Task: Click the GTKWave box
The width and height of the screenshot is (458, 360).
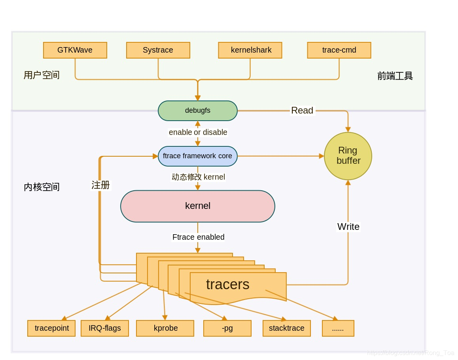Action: pos(75,50)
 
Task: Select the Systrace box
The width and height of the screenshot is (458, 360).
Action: pos(158,50)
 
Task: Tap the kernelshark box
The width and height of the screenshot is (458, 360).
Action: pos(250,50)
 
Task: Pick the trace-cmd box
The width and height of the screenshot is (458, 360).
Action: pos(339,50)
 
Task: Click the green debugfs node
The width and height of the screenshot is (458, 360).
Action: pos(197,111)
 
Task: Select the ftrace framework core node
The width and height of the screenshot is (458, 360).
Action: pos(197,156)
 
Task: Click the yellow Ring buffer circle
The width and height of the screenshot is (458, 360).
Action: pos(348,156)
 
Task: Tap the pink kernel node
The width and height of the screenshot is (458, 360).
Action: pos(197,206)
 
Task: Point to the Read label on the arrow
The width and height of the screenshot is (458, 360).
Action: pos(302,111)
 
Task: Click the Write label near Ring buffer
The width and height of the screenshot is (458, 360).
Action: pos(348,227)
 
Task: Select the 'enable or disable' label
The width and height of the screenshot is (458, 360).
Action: pos(198,132)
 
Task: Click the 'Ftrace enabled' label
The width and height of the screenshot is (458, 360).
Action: pos(198,237)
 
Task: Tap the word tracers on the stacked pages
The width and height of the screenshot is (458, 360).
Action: pos(227,284)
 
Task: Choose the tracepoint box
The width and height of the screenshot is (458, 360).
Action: pos(51,328)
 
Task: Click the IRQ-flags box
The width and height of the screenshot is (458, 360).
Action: pos(104,328)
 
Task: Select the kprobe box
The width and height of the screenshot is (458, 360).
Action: pos(165,328)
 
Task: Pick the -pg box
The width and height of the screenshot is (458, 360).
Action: pos(227,328)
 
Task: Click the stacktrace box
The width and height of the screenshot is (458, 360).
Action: pos(286,328)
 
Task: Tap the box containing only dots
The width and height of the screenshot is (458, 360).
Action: pos(338,328)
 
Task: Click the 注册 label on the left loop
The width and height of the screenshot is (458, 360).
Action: pos(100,185)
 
